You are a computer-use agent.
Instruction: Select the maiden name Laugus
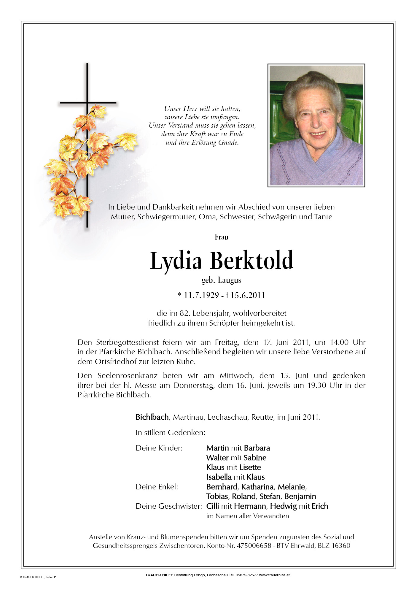(x=229, y=280)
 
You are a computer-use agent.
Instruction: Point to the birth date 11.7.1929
(x=201, y=295)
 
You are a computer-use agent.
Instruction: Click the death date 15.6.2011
(x=248, y=295)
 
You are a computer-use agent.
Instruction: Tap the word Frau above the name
(x=221, y=237)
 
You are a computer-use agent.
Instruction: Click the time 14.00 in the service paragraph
(x=339, y=342)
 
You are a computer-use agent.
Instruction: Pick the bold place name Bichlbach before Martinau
(x=152, y=417)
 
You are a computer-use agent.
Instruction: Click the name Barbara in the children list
(x=257, y=448)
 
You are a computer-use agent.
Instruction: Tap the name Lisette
(x=250, y=467)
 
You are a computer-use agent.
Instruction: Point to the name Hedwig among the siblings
(x=283, y=506)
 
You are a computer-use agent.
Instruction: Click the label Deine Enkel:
(x=157, y=487)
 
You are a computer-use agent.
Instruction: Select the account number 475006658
(x=254, y=545)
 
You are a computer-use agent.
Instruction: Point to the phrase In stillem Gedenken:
(x=170, y=432)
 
